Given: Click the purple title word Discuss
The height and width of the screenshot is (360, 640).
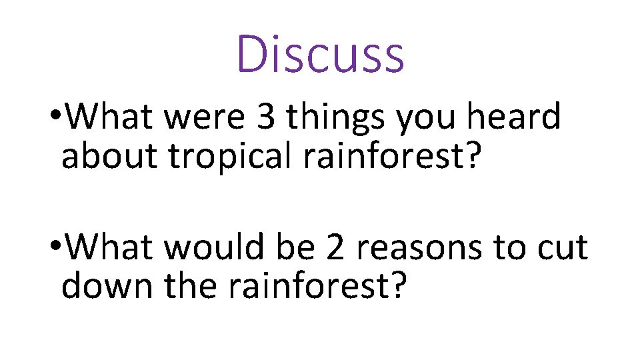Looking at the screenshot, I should (x=321, y=53).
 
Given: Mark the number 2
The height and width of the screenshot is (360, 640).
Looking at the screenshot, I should (x=336, y=248).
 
